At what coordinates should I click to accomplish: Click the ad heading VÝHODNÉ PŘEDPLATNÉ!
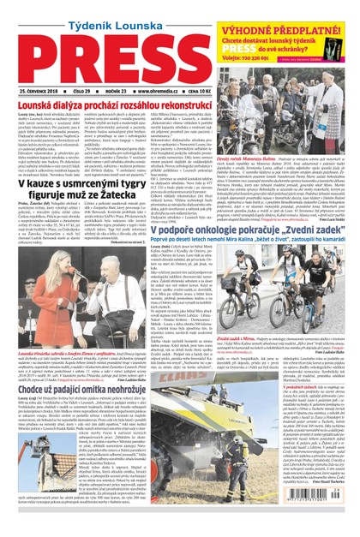click(x=294, y=12)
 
